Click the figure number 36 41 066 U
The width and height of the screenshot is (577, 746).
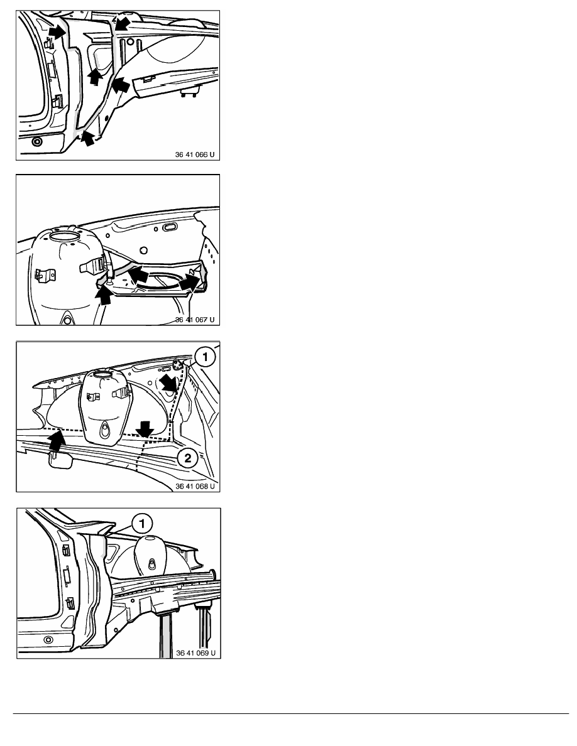(x=195, y=154)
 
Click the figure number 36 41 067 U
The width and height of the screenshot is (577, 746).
(x=195, y=320)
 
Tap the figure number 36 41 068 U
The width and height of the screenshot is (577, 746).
(x=195, y=486)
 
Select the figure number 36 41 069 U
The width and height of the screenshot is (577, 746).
(x=195, y=653)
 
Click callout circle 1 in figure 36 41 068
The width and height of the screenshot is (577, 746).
(x=205, y=357)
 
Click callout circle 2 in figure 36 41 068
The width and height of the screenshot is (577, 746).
(x=187, y=458)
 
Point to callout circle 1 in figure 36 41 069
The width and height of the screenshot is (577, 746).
(x=142, y=524)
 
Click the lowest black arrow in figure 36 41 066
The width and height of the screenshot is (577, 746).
(x=87, y=138)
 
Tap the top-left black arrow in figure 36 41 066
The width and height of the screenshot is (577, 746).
(x=57, y=32)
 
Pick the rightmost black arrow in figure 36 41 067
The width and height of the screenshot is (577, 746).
(x=190, y=282)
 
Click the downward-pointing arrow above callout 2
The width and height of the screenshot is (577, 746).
(x=145, y=429)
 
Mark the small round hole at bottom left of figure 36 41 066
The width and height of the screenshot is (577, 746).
(x=36, y=141)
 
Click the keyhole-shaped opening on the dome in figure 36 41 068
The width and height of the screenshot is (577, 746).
(x=104, y=431)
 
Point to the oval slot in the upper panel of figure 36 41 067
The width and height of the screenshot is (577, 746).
(x=170, y=227)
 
